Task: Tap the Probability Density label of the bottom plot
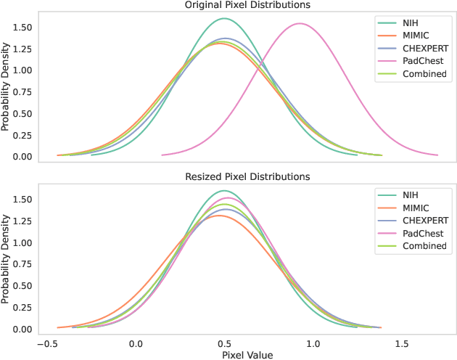click(x=6, y=259)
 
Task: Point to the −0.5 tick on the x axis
click(x=46, y=343)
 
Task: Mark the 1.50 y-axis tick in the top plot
click(x=21, y=28)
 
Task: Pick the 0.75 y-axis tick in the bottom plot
click(x=21, y=264)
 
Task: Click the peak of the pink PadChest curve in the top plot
click(x=300, y=24)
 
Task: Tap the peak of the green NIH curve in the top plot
click(x=225, y=18)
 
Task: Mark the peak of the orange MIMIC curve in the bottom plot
click(x=222, y=215)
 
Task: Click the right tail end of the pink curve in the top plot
click(x=437, y=155)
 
